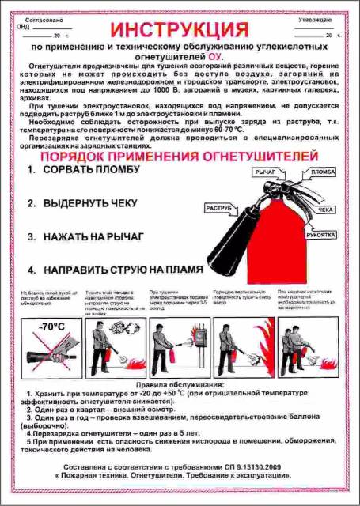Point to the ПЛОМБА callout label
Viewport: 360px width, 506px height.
point(322,172)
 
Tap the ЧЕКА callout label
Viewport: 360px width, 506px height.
point(325,211)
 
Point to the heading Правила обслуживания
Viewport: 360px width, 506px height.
point(180,384)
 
